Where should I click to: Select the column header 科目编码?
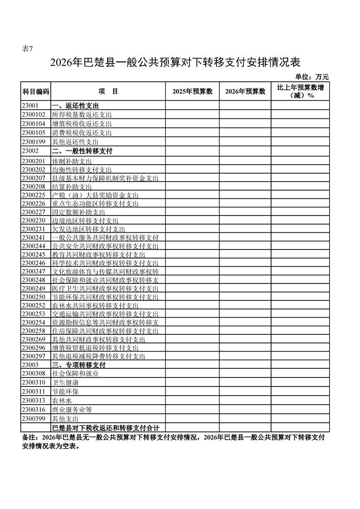pyautogui.click(x=35, y=91)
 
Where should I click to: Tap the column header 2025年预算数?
pyautogui.click(x=192, y=91)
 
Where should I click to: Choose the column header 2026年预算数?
pyautogui.click(x=245, y=91)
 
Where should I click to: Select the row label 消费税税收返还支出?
pyautogui.click(x=82, y=133)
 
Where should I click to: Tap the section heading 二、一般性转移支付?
pyautogui.click(x=82, y=151)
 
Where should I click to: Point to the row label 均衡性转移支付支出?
pyautogui.click(x=82, y=169)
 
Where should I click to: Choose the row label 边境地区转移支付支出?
pyautogui.click(x=85, y=220)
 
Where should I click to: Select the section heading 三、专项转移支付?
pyautogui.click(x=79, y=365)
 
